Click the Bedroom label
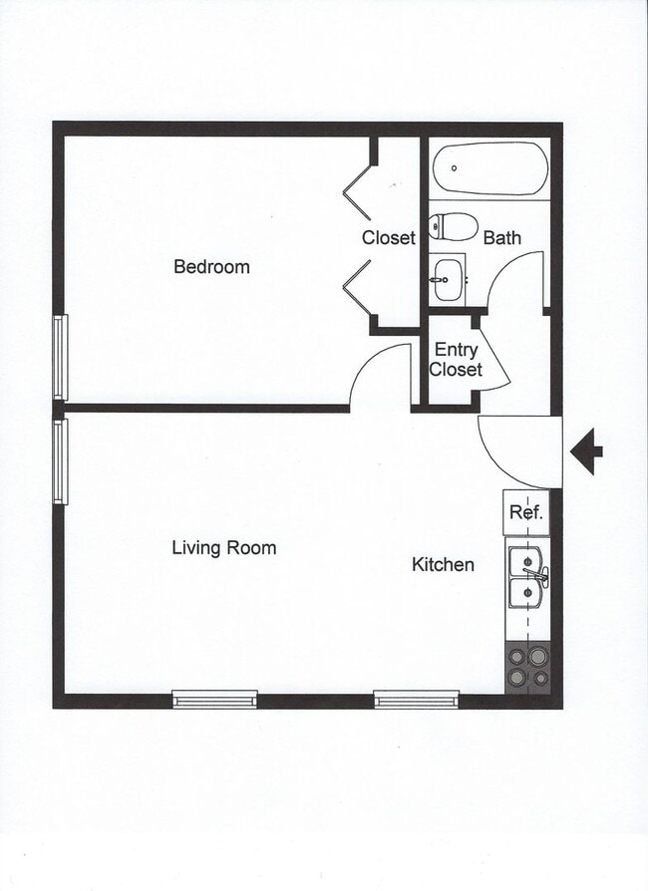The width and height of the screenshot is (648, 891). point(211,267)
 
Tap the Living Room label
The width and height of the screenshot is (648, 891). point(223,548)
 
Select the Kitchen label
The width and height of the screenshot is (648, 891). point(443,565)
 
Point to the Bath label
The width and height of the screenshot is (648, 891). point(501,238)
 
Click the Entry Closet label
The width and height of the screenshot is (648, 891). point(456,360)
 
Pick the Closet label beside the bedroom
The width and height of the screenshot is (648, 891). point(388,238)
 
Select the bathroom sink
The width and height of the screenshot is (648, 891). point(449,278)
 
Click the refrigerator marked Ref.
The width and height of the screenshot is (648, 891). point(525,512)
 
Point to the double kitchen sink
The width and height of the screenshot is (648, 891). point(525,579)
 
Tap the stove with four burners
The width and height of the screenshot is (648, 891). point(527,667)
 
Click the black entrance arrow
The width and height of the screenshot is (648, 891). point(586,452)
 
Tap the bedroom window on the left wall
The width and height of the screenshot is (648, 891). point(60,357)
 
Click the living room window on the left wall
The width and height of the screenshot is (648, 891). point(60,460)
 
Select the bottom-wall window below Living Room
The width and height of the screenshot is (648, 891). point(214,700)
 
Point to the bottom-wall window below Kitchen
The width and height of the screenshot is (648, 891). point(416,700)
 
